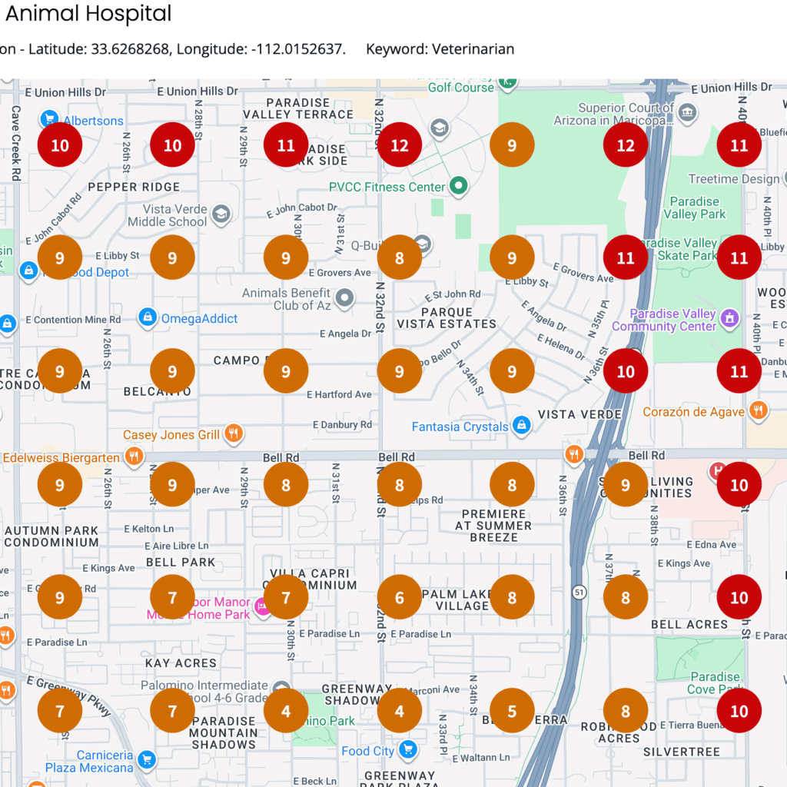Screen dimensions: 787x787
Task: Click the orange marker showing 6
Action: point(399,598)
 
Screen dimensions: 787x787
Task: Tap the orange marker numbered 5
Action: point(512,711)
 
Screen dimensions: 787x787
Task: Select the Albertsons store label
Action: point(93,121)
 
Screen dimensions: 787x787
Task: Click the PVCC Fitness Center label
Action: point(387,187)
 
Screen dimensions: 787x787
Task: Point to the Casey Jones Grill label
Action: point(171,435)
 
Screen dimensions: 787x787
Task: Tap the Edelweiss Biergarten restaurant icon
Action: point(134,457)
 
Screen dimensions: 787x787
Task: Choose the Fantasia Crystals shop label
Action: point(460,427)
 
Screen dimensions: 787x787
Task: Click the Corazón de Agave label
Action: point(693,412)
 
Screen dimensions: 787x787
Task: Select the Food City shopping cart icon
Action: point(408,750)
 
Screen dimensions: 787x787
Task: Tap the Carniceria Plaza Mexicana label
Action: point(89,762)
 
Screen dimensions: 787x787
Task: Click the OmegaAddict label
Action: point(199,318)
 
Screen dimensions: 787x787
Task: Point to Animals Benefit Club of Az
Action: point(286,299)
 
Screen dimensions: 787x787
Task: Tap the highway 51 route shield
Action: point(579,592)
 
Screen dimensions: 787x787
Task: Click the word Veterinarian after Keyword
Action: point(473,49)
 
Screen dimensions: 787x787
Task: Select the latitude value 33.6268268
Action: point(130,49)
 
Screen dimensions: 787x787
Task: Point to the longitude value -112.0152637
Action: point(297,49)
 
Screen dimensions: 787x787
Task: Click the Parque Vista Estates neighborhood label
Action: point(446,318)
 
